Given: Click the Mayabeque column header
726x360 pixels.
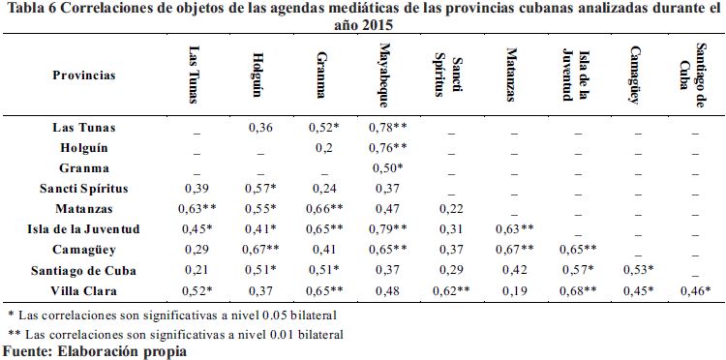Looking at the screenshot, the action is coord(383,75).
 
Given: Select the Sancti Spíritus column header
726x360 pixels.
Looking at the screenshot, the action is coord(448,76).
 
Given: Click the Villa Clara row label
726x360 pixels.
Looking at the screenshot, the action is coord(84,291).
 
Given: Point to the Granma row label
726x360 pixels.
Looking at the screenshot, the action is coord(84,168).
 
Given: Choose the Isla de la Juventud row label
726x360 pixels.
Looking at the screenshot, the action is coord(84,229).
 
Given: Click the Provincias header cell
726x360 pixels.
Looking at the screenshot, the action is coord(84,75).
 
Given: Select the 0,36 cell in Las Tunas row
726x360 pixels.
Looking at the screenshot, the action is coord(260,127).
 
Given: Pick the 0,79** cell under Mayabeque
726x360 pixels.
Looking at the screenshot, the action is coord(390,229).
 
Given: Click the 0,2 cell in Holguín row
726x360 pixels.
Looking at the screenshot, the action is coord(324,148).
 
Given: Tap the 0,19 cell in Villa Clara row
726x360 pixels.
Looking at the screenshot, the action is coord(514,291).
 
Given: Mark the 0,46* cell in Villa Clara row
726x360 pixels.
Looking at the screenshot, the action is coord(695,291).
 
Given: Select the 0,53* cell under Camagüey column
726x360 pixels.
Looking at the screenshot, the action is coord(638,271).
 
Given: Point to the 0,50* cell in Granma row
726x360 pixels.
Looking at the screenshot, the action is coord(386,168).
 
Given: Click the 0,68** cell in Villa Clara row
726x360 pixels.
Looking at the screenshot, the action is coord(578,291).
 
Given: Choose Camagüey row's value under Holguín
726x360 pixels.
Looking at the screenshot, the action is coord(260,250).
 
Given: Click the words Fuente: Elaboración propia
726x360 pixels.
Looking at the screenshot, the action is coord(95,351).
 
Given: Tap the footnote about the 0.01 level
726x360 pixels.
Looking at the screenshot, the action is coord(176,334).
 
